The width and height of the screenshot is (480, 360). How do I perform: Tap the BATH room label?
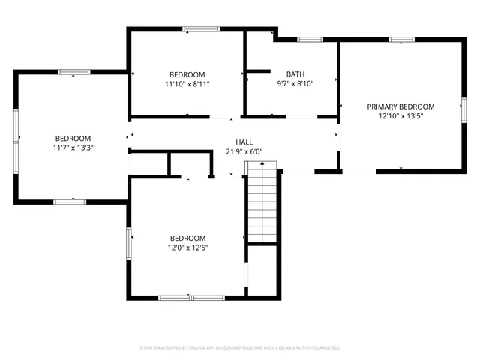[x=295, y=73]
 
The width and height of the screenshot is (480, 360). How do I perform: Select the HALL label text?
[x=244, y=142]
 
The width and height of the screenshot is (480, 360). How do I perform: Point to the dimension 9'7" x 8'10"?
[x=295, y=83]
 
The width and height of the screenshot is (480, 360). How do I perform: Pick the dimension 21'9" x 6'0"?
[x=244, y=151]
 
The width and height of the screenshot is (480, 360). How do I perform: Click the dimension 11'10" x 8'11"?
[x=187, y=83]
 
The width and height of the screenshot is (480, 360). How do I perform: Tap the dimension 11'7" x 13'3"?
[x=73, y=148]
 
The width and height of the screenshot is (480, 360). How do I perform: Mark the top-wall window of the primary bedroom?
[x=401, y=39]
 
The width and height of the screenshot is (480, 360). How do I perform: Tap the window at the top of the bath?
[x=309, y=39]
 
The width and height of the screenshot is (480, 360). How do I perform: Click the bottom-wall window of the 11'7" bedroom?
[x=68, y=202]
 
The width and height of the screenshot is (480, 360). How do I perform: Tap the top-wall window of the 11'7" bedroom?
[x=73, y=72]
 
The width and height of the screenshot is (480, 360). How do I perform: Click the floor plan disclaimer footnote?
[x=240, y=348]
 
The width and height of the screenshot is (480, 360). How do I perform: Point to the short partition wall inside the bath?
[x=258, y=71]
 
